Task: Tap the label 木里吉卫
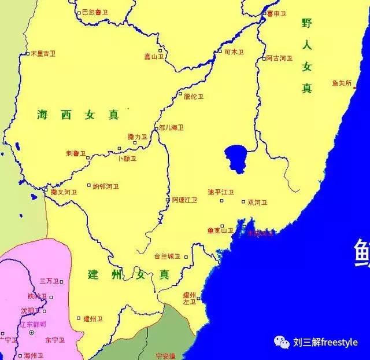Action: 43,53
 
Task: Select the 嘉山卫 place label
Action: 155,57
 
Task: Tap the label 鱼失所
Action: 341,83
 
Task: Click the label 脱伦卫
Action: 194,97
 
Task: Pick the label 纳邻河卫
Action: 106,186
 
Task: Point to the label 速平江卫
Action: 220,192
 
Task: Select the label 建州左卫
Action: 189,298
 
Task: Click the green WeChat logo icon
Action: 282,342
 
